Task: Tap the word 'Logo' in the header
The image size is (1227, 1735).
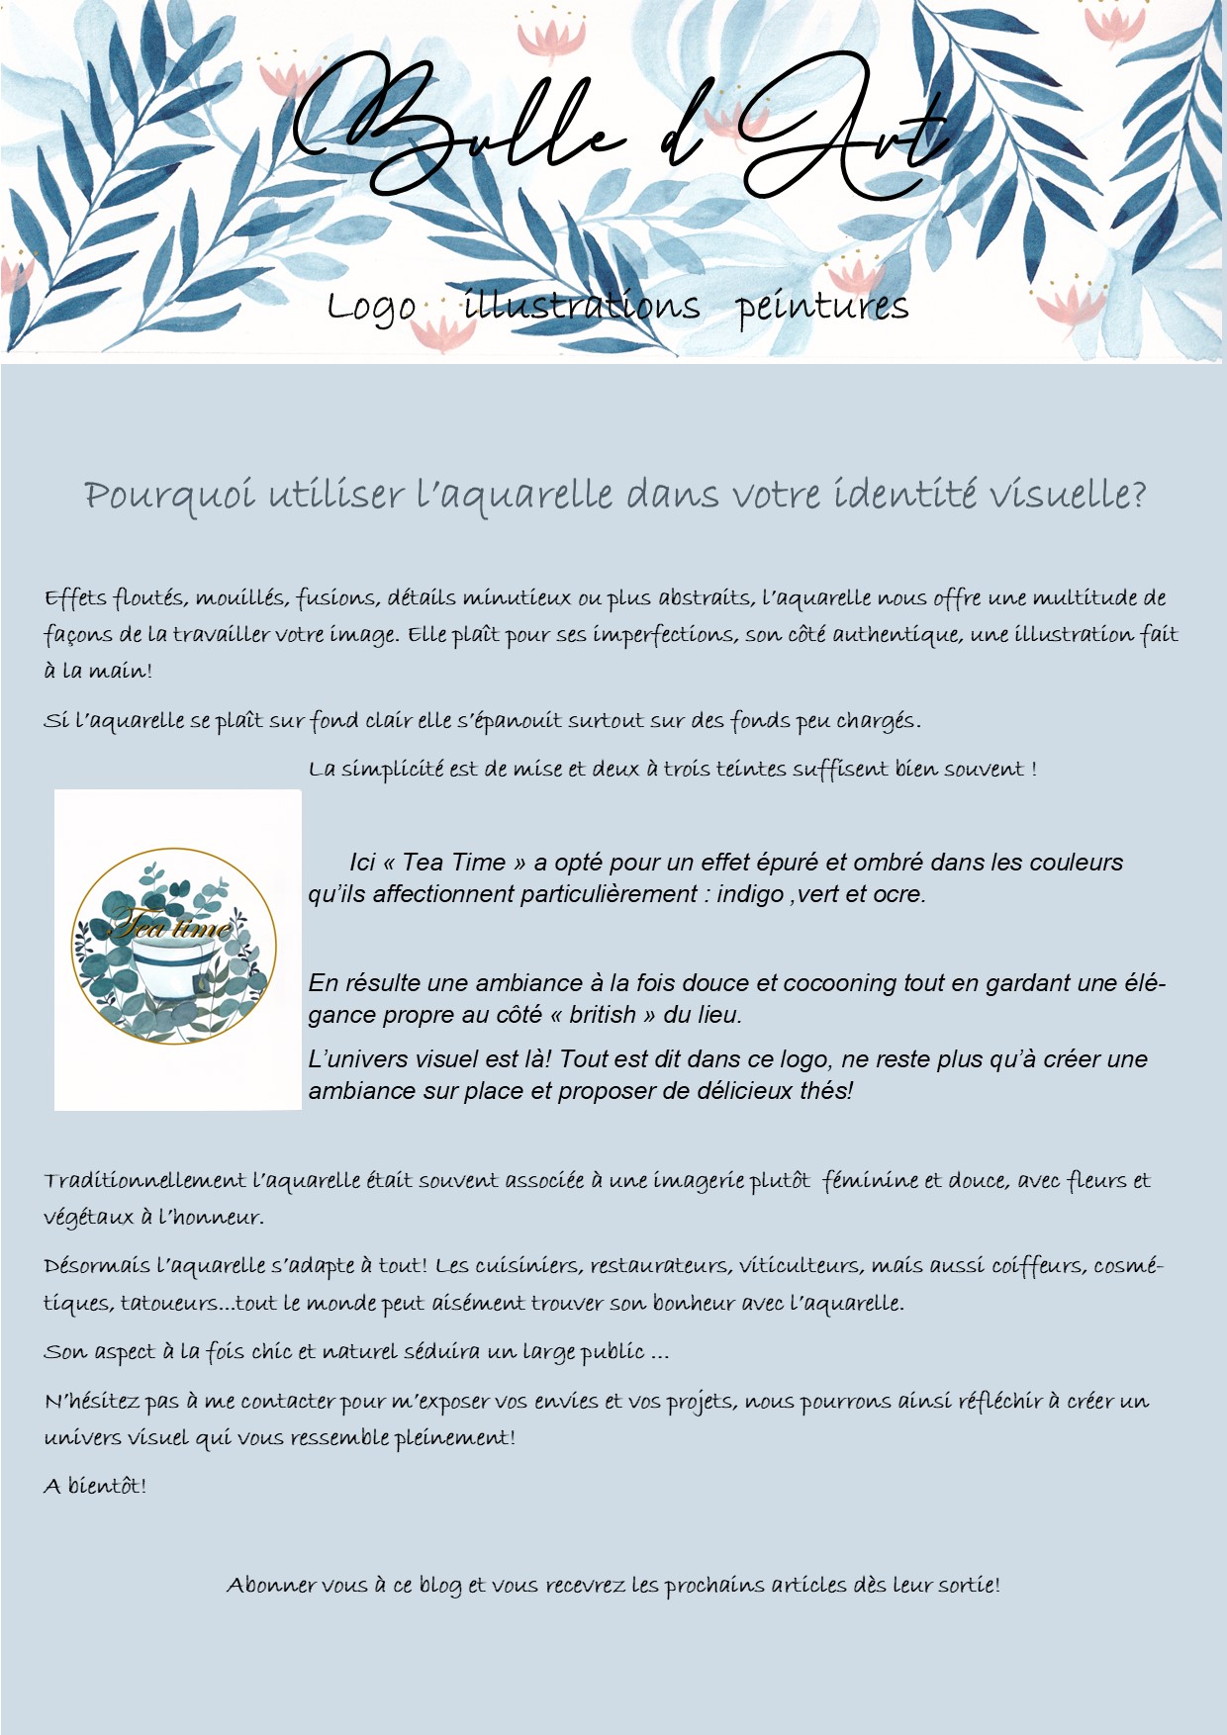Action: (371, 308)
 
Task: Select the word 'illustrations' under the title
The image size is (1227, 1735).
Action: (582, 306)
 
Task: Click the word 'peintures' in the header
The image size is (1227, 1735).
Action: (822, 307)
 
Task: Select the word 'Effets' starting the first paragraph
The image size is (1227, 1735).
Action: (74, 598)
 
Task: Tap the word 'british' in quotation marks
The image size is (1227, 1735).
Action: (603, 1015)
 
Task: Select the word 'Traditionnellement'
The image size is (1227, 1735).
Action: (144, 1181)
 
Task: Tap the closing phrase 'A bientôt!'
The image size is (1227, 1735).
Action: (95, 1486)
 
